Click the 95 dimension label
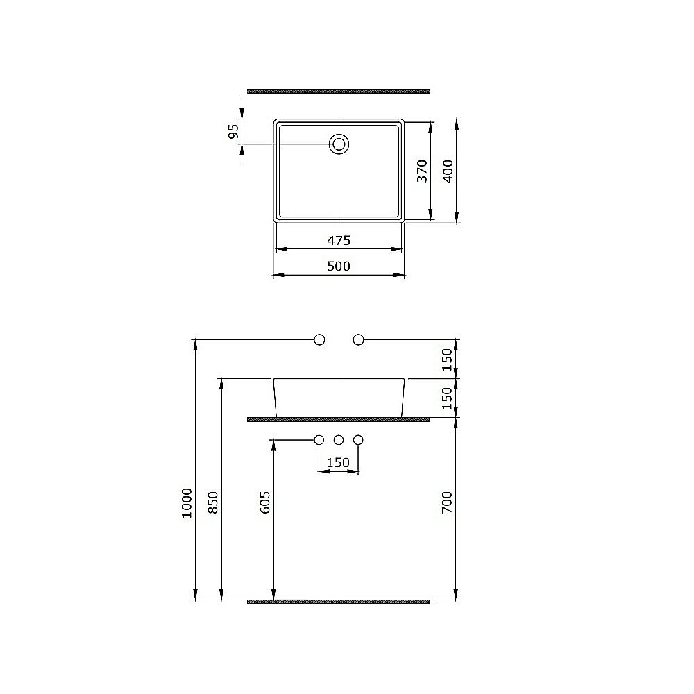[234, 131]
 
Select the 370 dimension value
[421, 171]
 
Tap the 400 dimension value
[448, 171]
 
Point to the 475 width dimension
[339, 240]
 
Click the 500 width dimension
[339, 266]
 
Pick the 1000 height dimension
[186, 500]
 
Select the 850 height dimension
[213, 502]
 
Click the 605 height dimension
[265, 502]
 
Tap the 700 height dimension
[447, 502]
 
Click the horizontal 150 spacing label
[338, 463]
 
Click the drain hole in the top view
[339, 144]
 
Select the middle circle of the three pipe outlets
[339, 440]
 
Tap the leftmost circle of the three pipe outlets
[320, 440]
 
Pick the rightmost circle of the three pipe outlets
[359, 440]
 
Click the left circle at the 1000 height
[320, 339]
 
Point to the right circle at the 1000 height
[359, 339]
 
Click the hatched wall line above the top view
[339, 91]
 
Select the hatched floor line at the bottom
[339, 602]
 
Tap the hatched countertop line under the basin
[339, 419]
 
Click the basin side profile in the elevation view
[339, 398]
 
